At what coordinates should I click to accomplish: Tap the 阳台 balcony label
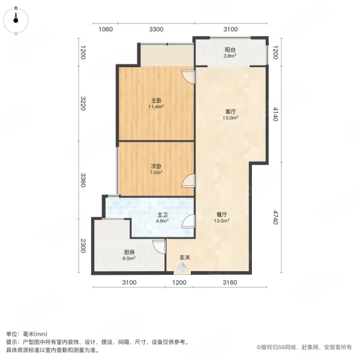click(x=230, y=50)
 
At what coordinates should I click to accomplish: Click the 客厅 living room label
click(x=230, y=112)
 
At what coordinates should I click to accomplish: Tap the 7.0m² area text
click(x=156, y=173)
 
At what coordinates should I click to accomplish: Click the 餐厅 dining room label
click(x=222, y=214)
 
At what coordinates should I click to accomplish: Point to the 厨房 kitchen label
click(x=129, y=252)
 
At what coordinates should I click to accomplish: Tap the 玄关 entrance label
click(x=185, y=258)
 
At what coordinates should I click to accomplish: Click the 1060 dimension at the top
click(x=105, y=29)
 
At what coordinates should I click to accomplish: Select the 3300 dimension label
click(x=156, y=29)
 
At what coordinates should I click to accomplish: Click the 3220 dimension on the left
click(x=83, y=104)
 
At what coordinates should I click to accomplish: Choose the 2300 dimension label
click(x=83, y=246)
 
